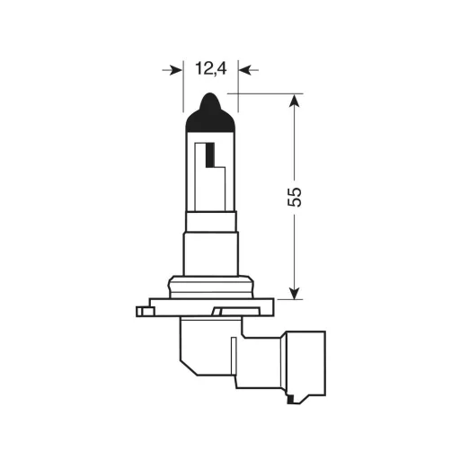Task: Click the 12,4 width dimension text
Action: tap(209, 67)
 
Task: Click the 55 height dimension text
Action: tap(295, 197)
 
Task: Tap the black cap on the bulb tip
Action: tap(209, 114)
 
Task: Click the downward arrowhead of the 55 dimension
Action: tap(294, 289)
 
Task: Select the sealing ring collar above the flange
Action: tap(210, 287)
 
